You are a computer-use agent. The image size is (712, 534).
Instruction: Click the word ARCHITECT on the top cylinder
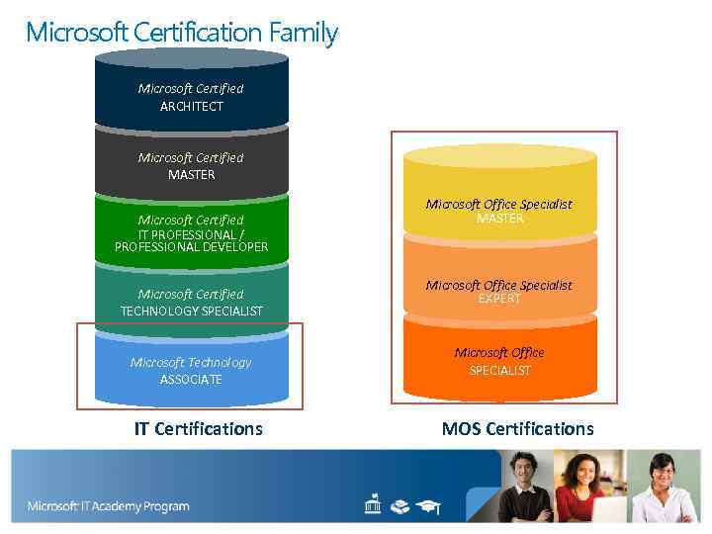coord(192,106)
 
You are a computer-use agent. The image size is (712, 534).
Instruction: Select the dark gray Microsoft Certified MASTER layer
coord(191,165)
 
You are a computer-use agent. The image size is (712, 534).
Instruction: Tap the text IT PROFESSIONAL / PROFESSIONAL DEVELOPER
coord(191,240)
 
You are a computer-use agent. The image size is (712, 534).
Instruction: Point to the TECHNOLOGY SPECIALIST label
coord(192,311)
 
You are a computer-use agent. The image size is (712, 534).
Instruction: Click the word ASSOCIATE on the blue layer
coord(191,380)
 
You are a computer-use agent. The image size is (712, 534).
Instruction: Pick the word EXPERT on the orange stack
coord(499,299)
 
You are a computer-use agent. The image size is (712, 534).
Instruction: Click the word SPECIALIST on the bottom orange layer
coord(499,371)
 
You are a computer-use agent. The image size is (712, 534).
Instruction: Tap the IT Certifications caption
coord(199,428)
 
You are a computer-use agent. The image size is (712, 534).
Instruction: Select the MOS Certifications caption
coord(517,428)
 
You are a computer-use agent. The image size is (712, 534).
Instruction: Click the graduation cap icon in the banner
coord(428,506)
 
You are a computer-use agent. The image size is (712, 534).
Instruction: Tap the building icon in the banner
coord(373,506)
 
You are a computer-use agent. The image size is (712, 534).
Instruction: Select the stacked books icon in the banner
coord(400,506)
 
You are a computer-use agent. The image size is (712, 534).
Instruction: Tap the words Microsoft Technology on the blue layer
coord(191,362)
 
